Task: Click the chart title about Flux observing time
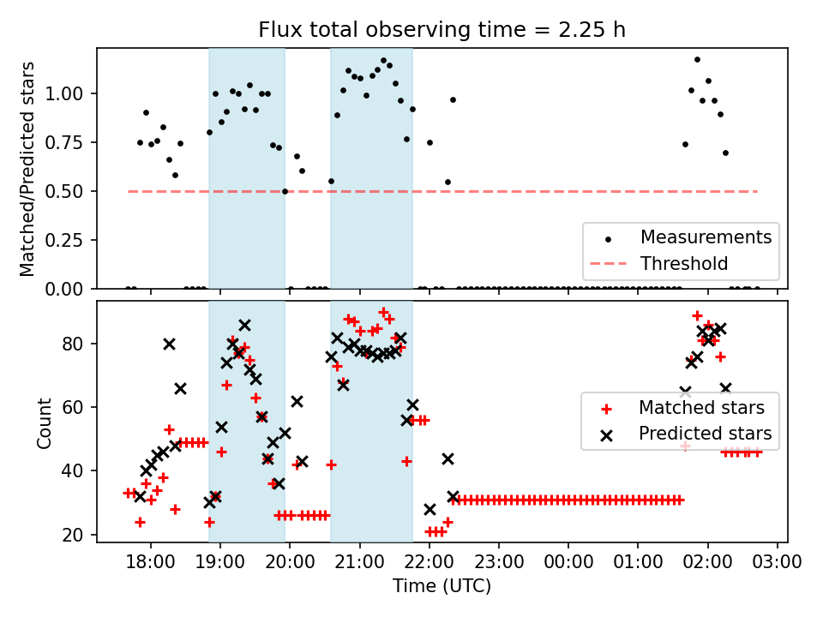coord(442,30)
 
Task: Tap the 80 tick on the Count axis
coord(79,344)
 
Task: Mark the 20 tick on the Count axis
coord(79,535)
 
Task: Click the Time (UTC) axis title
coord(442,586)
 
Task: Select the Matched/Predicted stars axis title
coord(27,168)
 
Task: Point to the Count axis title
coord(44,422)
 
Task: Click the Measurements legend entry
coord(706,236)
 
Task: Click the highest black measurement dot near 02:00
coord(697,60)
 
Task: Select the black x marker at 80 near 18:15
coord(169,344)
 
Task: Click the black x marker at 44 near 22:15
coord(448,458)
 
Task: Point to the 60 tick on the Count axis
coord(79,407)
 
